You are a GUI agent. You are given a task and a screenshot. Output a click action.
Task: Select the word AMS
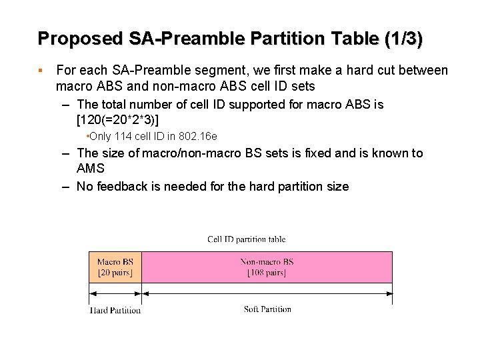[x=91, y=169]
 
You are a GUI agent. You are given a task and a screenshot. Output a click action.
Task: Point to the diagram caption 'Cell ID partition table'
[x=246, y=239]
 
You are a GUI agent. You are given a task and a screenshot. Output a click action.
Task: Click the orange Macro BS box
[x=115, y=267]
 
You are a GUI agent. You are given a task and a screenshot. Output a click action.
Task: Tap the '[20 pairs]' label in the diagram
[x=115, y=273]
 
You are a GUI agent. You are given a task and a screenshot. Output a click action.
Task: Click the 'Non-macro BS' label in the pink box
[x=267, y=262]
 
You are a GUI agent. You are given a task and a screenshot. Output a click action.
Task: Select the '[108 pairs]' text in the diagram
[x=267, y=273]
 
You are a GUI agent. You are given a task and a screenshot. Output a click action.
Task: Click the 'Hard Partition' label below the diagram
[x=115, y=310]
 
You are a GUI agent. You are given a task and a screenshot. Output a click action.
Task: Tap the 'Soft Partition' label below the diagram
[x=267, y=309]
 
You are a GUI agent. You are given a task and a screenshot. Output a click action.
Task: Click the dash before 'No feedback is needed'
[x=65, y=187]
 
